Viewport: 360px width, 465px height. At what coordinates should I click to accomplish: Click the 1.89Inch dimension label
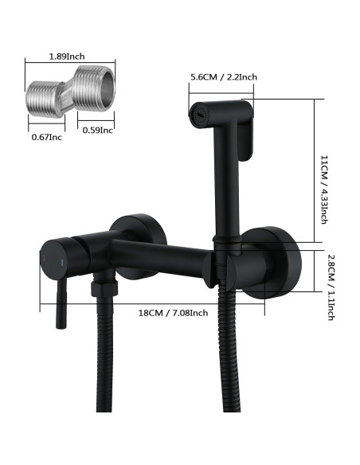click(x=66, y=57)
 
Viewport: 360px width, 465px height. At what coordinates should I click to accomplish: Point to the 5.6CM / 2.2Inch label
click(x=224, y=76)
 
